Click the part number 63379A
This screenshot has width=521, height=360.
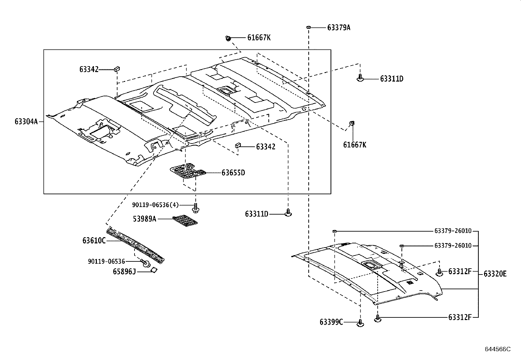[338, 28]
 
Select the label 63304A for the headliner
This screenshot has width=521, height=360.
[26, 122]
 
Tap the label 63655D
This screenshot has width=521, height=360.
[233, 173]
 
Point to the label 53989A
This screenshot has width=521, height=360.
[144, 218]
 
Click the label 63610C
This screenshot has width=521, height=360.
[94, 241]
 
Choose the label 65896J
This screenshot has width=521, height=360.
[124, 272]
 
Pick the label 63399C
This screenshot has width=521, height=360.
[331, 322]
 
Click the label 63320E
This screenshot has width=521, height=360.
[495, 274]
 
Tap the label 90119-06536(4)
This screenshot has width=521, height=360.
[155, 205]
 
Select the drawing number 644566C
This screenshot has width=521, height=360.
[497, 349]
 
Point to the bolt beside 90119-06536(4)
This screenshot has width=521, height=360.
[196, 208]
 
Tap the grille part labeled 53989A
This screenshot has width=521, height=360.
[185, 220]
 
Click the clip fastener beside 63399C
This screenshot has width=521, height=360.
[360, 323]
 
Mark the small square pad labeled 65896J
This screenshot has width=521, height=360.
[153, 270]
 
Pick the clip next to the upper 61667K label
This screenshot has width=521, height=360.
[228, 39]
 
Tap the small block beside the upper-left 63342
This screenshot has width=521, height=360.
[117, 69]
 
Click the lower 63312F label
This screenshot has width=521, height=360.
[459, 317]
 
